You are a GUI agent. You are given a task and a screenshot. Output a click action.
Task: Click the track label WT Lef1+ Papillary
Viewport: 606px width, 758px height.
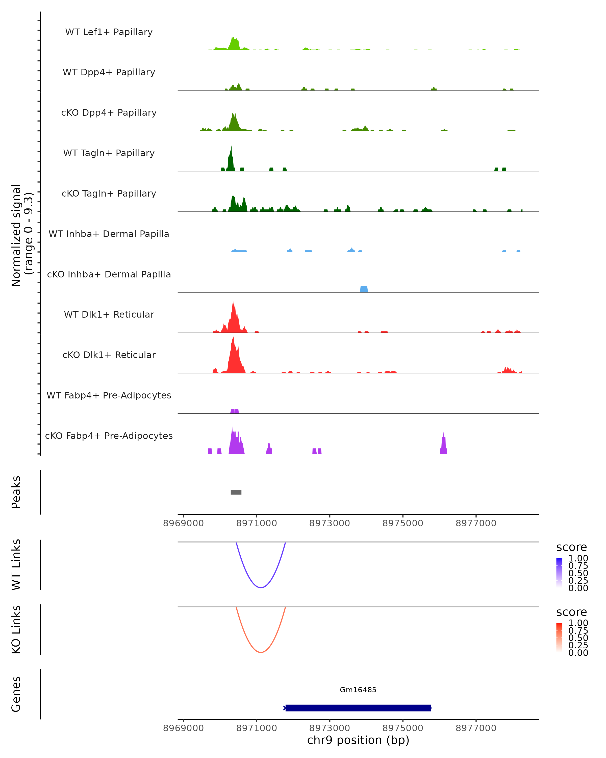[109, 32]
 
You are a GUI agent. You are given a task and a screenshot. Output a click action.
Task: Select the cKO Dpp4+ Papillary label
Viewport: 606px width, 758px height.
[109, 112]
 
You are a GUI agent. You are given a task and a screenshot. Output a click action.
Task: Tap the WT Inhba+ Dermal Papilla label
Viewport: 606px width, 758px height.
[109, 234]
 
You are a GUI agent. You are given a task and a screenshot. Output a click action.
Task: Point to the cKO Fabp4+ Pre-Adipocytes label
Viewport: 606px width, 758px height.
[109, 436]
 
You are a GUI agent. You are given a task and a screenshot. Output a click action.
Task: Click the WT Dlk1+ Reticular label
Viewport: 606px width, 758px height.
[109, 314]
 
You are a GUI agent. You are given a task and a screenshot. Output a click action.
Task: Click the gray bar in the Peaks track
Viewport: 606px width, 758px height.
[236, 492]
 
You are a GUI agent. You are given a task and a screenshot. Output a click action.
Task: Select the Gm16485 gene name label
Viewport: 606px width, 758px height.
[358, 690]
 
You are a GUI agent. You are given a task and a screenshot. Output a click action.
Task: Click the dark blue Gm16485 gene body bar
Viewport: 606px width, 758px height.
[358, 708]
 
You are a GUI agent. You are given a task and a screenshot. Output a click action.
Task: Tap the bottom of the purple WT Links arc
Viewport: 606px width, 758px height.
[261, 587]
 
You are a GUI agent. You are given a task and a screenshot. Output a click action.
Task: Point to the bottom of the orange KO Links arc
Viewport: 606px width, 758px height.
[261, 652]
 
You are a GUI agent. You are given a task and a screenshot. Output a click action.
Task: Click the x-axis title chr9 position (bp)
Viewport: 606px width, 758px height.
[358, 740]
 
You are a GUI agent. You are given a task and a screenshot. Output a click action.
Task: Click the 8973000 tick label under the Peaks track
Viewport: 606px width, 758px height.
[329, 523]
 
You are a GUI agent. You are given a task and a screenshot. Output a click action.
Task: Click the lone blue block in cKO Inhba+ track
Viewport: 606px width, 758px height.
[364, 289]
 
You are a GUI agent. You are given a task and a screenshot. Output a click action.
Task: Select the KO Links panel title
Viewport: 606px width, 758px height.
[16, 629]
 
